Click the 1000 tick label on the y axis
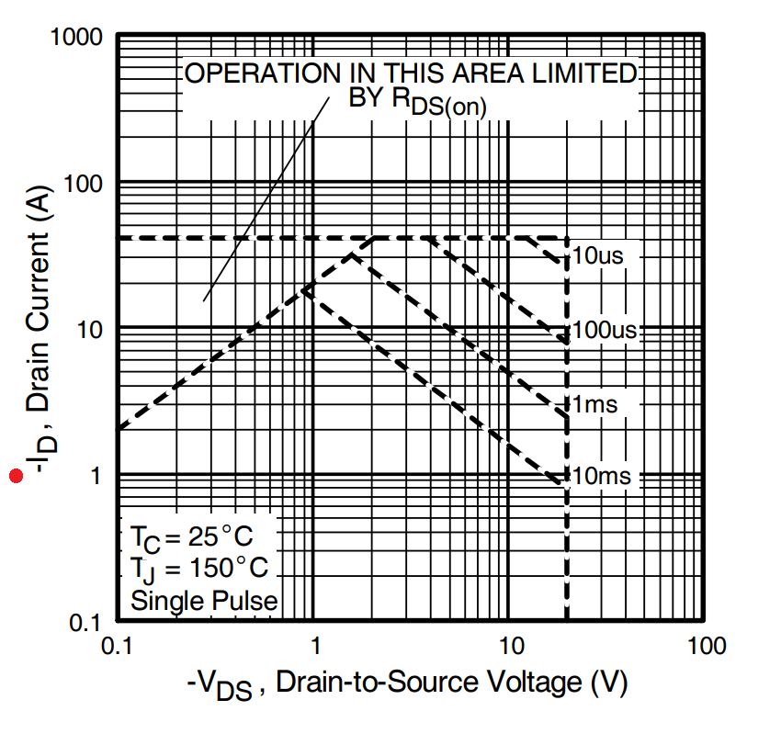78,39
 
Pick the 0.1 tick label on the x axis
116,646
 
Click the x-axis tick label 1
314,646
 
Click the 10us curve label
597,255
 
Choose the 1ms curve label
594,404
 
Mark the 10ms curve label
602,476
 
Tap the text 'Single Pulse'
204,602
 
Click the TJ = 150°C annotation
198,569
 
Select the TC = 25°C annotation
191,536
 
